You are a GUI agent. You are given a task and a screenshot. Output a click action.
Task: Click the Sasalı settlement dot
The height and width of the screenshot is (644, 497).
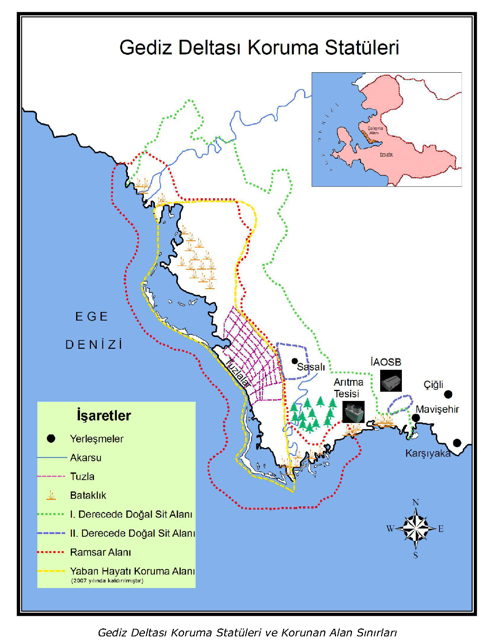click(295, 361)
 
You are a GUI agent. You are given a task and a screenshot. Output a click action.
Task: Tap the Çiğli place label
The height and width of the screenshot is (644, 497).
click(433, 385)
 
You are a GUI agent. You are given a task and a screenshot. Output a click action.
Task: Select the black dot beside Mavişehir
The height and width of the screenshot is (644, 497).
click(416, 418)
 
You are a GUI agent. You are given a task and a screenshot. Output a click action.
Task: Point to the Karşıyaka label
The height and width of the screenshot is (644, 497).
click(428, 453)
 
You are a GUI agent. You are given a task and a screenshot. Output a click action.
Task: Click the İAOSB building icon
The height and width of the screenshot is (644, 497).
click(391, 381)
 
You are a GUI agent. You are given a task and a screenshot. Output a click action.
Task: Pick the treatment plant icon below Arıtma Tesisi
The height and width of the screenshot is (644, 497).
click(353, 412)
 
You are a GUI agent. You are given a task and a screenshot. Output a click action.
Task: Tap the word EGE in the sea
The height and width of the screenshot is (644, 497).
click(92, 316)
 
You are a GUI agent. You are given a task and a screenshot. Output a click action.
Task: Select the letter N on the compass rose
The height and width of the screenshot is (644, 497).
click(416, 502)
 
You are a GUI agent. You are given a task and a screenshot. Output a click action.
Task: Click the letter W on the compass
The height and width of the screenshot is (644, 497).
click(390, 528)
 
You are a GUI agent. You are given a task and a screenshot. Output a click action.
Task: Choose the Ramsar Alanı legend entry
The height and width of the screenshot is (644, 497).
click(100, 552)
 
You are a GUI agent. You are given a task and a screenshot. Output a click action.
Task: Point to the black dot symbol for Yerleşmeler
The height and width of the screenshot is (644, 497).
click(51, 439)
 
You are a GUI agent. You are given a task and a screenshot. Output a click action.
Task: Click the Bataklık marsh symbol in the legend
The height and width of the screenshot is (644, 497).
click(51, 495)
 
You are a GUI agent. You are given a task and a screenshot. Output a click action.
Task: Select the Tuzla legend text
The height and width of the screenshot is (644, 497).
click(82, 476)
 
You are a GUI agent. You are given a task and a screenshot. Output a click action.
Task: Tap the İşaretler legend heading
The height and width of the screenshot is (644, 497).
click(104, 415)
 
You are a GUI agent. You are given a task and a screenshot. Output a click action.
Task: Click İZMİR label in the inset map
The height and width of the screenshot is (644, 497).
click(386, 155)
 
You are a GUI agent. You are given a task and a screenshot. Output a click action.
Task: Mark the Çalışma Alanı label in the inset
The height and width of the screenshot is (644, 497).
click(375, 130)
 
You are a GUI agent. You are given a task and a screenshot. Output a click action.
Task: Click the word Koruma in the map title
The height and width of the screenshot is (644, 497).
click(283, 48)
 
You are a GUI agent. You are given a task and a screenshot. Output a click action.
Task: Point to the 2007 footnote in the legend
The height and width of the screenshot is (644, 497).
click(107, 580)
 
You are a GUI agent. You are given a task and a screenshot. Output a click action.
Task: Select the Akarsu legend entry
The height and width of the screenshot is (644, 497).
click(86, 458)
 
